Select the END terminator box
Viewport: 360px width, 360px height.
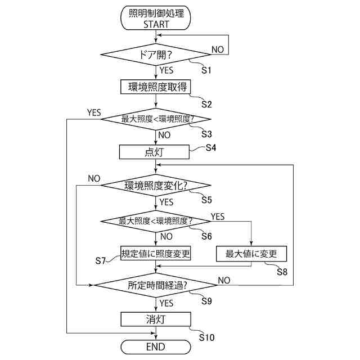[156, 347]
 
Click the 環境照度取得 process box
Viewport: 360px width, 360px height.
[156, 87]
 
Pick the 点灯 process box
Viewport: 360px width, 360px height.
[156, 152]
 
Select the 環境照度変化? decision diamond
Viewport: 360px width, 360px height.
[156, 186]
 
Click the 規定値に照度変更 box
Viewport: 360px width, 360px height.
[156, 254]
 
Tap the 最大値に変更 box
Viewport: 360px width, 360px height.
[251, 254]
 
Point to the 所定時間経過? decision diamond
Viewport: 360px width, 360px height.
[156, 285]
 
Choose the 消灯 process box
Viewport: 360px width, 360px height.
[156, 319]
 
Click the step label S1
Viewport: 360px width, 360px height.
[206, 71]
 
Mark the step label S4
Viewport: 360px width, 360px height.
[211, 147]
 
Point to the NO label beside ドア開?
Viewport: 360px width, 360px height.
[217, 49]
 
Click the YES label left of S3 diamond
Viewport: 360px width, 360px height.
[94, 113]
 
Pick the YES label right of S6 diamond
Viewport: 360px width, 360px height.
[217, 217]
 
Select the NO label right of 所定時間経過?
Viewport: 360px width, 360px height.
[224, 280]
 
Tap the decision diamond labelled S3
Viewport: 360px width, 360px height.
[156, 119]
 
